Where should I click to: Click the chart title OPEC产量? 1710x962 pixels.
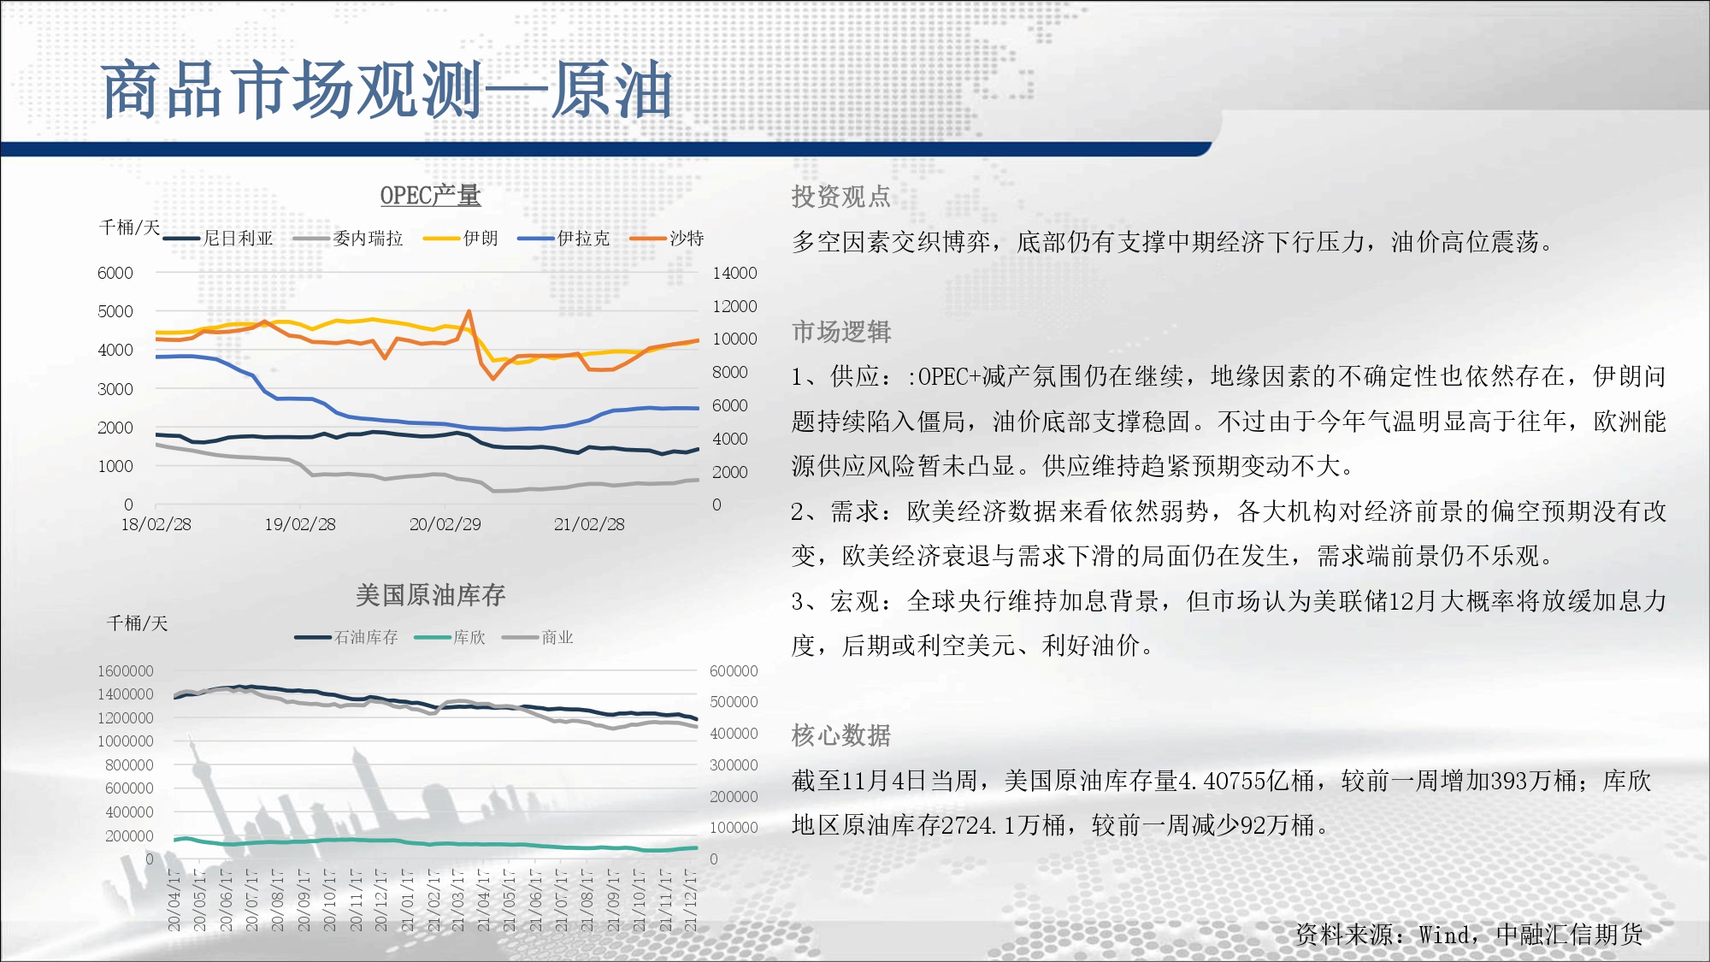click(x=430, y=196)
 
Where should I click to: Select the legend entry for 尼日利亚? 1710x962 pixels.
click(x=218, y=239)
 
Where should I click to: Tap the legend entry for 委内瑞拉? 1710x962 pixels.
click(x=348, y=239)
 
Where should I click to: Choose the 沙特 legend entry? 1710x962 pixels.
click(x=667, y=239)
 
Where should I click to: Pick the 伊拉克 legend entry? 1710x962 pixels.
click(x=563, y=239)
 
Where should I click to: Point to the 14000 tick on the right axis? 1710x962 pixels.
click(x=734, y=273)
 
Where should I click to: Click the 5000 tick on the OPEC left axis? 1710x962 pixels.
click(x=115, y=311)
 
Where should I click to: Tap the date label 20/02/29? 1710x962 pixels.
click(x=445, y=524)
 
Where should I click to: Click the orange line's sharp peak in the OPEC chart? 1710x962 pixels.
click(x=469, y=311)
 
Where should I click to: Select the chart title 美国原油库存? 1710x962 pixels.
click(x=430, y=595)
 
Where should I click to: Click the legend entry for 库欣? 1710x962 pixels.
click(x=450, y=638)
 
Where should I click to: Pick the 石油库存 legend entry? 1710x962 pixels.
click(x=346, y=638)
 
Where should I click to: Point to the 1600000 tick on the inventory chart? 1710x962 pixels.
click(x=125, y=671)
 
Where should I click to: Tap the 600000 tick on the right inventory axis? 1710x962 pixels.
click(x=734, y=671)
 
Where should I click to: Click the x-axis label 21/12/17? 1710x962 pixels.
click(x=691, y=900)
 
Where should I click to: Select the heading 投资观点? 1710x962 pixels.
click(x=841, y=198)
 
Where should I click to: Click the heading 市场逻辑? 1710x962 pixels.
click(x=841, y=332)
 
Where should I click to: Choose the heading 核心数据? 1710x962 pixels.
click(x=841, y=735)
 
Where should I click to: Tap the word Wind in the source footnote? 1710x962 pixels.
click(x=1446, y=935)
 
